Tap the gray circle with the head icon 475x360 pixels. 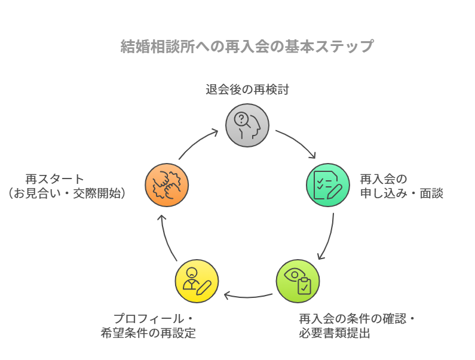[247, 125]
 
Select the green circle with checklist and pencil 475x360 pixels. [328, 185]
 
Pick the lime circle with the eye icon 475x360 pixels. [298, 281]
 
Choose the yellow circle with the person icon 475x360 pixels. [197, 281]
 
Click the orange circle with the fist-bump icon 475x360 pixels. [167, 185]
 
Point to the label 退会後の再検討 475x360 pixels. [247, 90]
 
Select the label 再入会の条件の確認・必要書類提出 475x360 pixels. [356, 326]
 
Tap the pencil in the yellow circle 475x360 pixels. [203, 287]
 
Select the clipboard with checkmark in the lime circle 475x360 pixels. [304, 286]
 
